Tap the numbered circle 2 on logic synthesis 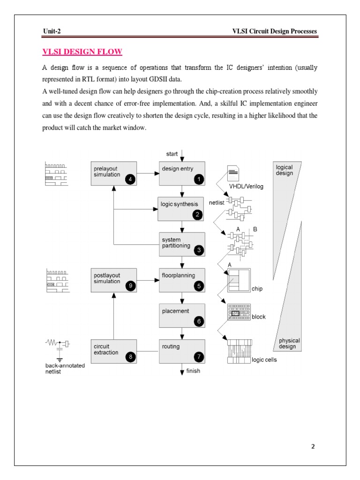(198, 215)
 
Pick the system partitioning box (182, 244)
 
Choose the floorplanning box (182, 280)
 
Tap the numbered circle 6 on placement (198, 321)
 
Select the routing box (182, 351)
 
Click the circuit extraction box (113, 351)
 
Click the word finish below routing (193, 371)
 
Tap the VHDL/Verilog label (246, 187)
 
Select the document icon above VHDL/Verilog (233, 173)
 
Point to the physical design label (289, 344)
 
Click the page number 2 (313, 447)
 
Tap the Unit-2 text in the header (52, 31)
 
